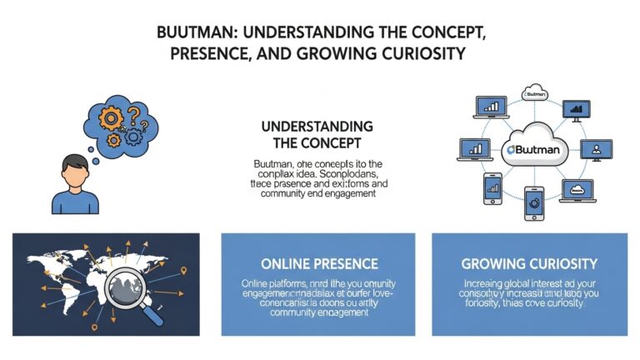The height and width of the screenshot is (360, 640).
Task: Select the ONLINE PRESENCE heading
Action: [317, 264]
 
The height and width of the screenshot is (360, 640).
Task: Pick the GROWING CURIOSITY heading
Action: [529, 264]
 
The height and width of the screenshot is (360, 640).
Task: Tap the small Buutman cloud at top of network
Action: [533, 91]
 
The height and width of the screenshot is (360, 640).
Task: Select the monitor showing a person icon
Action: [594, 149]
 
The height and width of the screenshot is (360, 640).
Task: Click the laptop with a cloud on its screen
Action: [576, 190]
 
